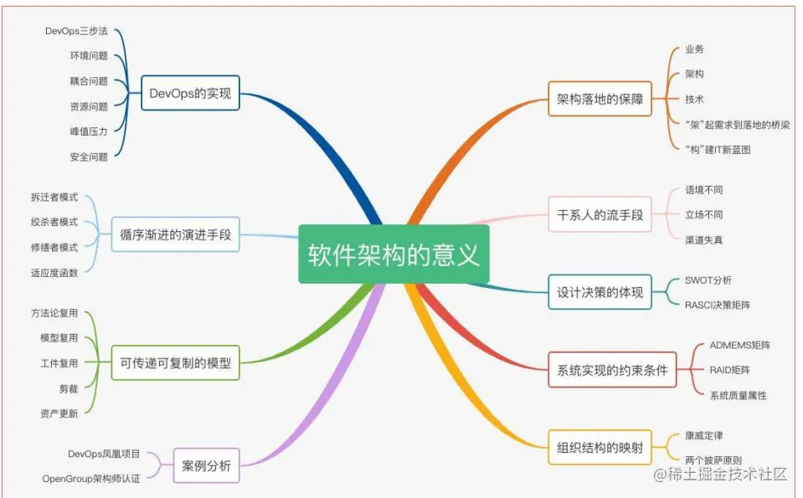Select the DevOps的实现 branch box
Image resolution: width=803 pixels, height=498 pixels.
coord(190,93)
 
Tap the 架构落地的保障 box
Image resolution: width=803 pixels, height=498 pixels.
coord(600,99)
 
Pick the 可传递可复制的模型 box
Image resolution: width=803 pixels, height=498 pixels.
coord(175,363)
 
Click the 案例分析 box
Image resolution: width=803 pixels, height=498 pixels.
coord(206,465)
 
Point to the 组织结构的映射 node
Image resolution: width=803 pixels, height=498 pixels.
coord(600,447)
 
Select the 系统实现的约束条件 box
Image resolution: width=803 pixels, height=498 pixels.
coord(612,370)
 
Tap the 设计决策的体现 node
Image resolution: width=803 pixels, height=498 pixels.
coord(600,293)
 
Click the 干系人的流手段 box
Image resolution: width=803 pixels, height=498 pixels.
coord(600,215)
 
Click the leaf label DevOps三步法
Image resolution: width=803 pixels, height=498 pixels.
coord(76,31)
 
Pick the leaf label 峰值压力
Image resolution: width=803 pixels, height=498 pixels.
coord(89,131)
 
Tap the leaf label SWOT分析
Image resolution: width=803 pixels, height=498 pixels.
coord(708,280)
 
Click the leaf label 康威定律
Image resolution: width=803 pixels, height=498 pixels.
coord(703,435)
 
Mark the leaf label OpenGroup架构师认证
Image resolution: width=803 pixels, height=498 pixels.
coord(91,479)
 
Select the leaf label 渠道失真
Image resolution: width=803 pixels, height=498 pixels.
coord(703,240)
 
